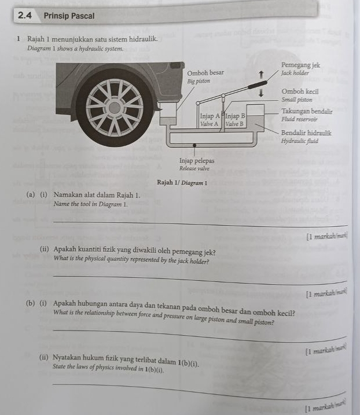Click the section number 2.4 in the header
pos(24,16)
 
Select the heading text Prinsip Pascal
pos(69,16)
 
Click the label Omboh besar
pos(205,74)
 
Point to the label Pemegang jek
pos(300,66)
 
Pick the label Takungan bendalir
pos(306,111)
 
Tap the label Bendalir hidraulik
pos(306,133)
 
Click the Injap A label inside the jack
pos(210,116)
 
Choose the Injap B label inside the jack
pos(235,116)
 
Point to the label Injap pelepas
pos(196,160)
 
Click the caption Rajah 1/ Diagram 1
pos(182,183)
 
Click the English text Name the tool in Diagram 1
pos(90,204)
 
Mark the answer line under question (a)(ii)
pos(197,280)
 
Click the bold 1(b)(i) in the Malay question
pos(189,363)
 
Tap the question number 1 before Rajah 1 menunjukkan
pos(19,39)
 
